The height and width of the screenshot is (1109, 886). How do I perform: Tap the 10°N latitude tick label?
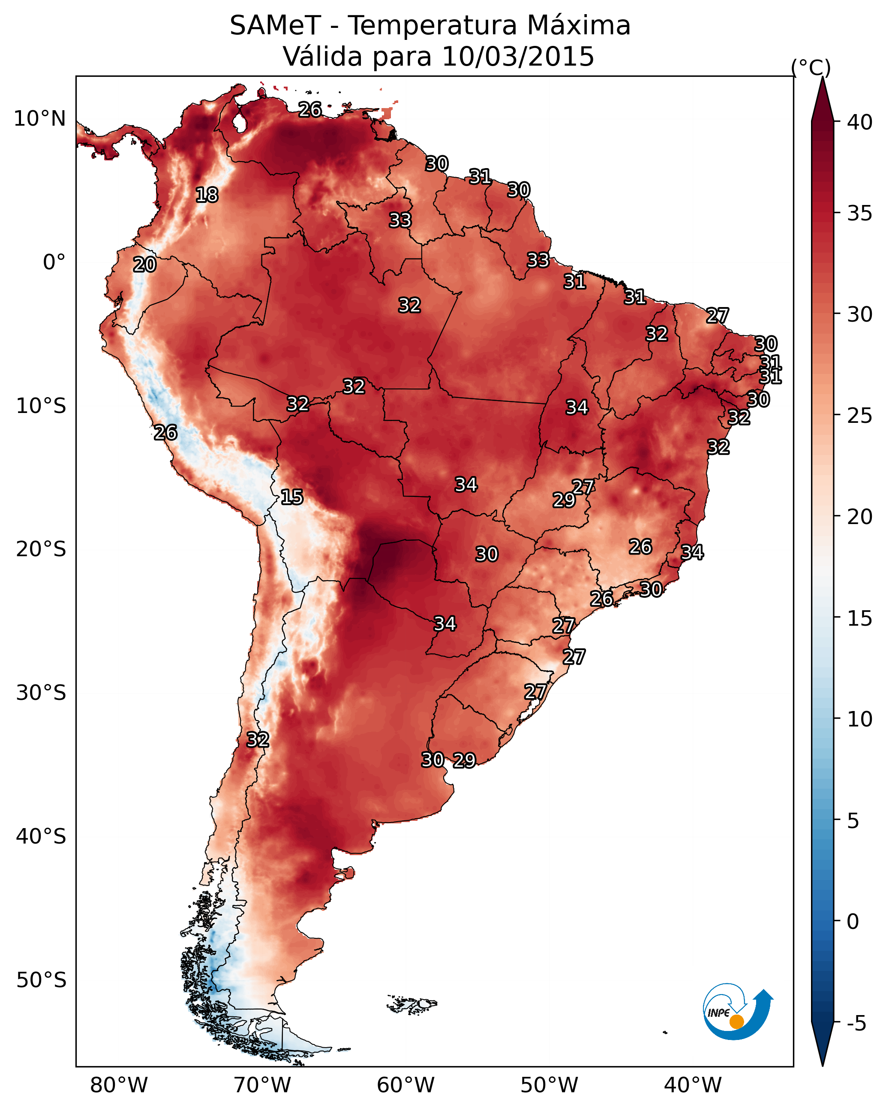point(39,119)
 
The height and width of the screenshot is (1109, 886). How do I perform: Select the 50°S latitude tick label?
point(41,980)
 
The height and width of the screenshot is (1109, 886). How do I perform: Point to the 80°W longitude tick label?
point(119,1085)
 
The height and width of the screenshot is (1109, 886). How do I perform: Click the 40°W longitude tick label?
point(693,1085)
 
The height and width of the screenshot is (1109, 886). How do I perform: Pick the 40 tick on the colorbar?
point(860,122)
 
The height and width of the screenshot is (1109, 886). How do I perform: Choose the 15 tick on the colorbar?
point(860,618)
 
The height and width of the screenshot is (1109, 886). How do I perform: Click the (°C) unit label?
point(811,67)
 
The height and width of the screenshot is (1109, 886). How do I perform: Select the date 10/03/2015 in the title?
point(518,57)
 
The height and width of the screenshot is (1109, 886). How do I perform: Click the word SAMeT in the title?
point(275,26)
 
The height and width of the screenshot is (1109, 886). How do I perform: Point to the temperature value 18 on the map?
point(207,195)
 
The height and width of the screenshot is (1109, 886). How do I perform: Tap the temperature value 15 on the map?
point(292,497)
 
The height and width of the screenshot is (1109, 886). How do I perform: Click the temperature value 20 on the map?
point(144,265)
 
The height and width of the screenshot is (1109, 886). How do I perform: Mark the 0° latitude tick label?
point(54,262)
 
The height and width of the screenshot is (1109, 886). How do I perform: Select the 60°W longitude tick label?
point(406,1085)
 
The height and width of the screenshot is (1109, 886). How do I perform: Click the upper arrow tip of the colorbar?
point(822,77)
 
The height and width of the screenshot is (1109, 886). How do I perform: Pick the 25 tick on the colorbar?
point(860,416)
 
